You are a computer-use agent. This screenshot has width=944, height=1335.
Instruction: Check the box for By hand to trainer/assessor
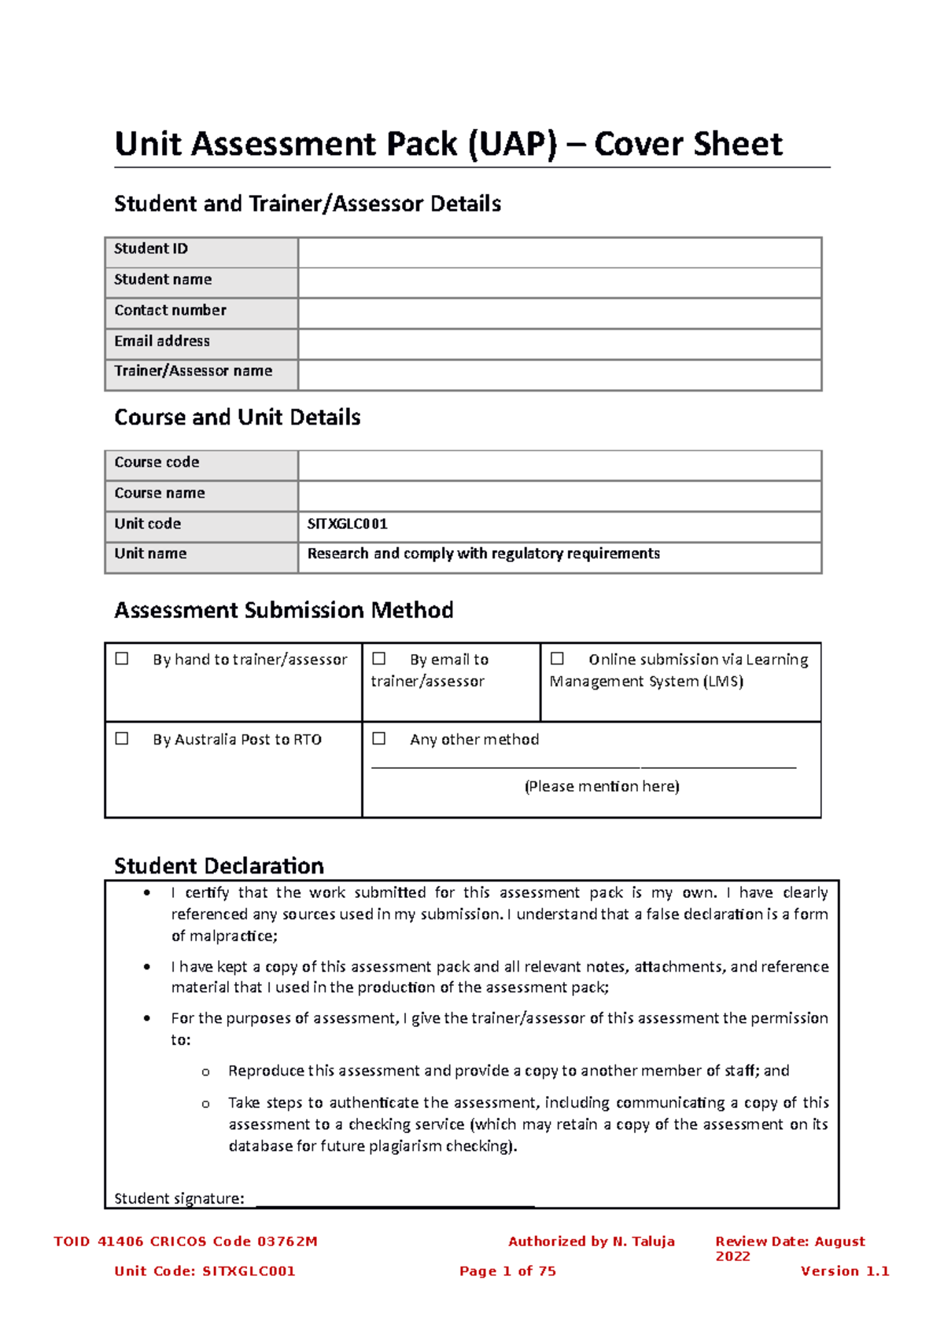click(x=122, y=659)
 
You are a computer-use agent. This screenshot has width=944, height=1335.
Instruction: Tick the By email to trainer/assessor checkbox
click(x=379, y=659)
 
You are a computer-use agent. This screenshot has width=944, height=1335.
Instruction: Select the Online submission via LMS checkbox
click(x=557, y=659)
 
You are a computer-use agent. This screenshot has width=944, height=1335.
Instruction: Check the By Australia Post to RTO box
click(x=122, y=739)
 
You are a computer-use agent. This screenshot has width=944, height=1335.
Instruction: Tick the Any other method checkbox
click(x=379, y=739)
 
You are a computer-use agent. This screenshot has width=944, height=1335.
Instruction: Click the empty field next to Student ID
click(x=559, y=252)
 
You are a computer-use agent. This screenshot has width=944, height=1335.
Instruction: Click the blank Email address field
click(x=559, y=344)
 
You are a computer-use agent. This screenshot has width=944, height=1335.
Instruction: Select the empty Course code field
click(x=559, y=465)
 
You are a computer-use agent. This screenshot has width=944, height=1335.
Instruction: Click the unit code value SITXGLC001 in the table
click(x=347, y=524)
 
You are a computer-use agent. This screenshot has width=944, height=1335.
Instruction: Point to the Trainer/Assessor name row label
click(x=194, y=371)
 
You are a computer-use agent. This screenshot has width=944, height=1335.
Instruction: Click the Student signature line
click(x=395, y=1200)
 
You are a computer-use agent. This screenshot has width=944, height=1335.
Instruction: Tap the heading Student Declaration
click(x=219, y=866)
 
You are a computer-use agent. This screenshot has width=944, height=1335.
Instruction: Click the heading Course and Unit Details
click(x=237, y=417)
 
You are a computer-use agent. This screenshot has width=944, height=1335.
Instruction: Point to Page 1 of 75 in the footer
click(x=507, y=1271)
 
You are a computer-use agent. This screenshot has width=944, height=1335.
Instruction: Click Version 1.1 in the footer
click(x=844, y=1271)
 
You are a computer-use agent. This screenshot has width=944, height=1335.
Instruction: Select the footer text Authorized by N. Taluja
click(x=591, y=1241)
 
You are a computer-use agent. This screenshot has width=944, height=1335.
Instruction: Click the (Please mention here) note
click(x=602, y=786)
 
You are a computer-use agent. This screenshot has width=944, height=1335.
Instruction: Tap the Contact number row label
click(x=170, y=311)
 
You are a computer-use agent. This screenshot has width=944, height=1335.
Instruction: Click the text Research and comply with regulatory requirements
click(x=483, y=553)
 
